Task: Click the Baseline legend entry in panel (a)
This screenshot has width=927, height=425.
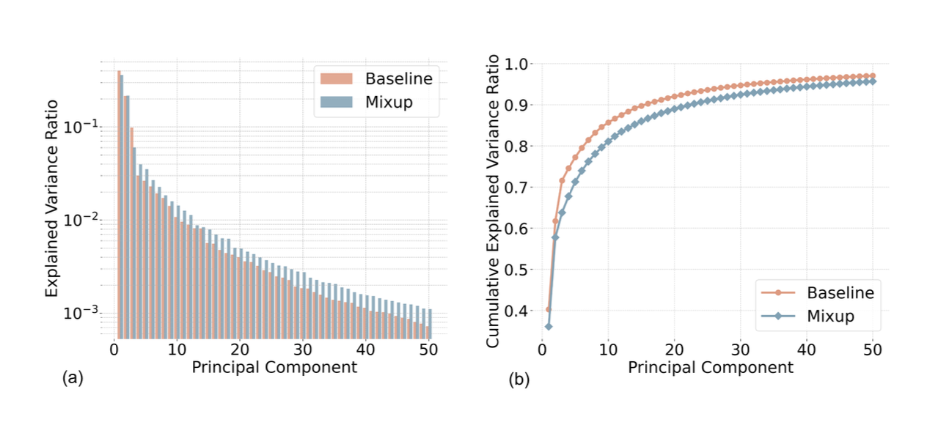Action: pyautogui.click(x=399, y=78)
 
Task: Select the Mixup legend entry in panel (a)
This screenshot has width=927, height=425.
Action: pyautogui.click(x=389, y=103)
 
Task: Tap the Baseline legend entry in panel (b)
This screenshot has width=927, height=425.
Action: pyautogui.click(x=840, y=292)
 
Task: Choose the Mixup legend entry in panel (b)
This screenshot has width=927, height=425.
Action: pyautogui.click(x=830, y=317)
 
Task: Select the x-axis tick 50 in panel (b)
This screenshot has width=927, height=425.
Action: pyautogui.click(x=872, y=351)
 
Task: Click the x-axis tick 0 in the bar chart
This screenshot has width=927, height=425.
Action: pyautogui.click(x=114, y=351)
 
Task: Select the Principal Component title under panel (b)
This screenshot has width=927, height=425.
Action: pyautogui.click(x=711, y=368)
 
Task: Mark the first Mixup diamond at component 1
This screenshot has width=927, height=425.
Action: pyautogui.click(x=548, y=326)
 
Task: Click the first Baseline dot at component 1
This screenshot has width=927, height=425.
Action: pyautogui.click(x=548, y=309)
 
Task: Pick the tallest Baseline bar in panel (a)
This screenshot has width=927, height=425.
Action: pyautogui.click(x=118, y=205)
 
